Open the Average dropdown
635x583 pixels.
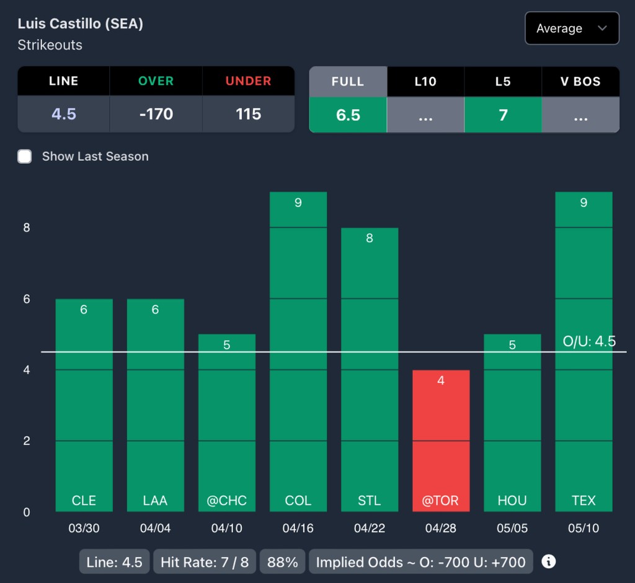pyautogui.click(x=571, y=28)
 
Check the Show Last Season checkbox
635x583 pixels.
pyautogui.click(x=25, y=156)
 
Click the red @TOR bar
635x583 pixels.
pyautogui.click(x=441, y=441)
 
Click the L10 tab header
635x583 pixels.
pyautogui.click(x=425, y=81)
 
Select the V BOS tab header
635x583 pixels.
pyautogui.click(x=580, y=81)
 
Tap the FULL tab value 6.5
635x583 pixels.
pyautogui.click(x=348, y=115)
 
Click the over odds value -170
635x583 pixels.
pyautogui.click(x=156, y=114)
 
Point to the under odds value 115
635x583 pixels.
pyautogui.click(x=248, y=114)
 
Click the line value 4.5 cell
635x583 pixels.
pyautogui.click(x=63, y=114)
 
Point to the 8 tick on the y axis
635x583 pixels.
pyautogui.click(x=27, y=227)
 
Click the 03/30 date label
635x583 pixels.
pyautogui.click(x=84, y=528)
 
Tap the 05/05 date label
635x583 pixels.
pyautogui.click(x=512, y=528)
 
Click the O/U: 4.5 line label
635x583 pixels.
pyautogui.click(x=588, y=341)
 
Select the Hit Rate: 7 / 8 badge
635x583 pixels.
pyautogui.click(x=205, y=562)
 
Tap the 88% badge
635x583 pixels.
pyautogui.click(x=282, y=562)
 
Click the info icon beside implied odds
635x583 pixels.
pyautogui.click(x=548, y=561)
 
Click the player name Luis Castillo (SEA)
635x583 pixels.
pyautogui.click(x=81, y=24)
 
